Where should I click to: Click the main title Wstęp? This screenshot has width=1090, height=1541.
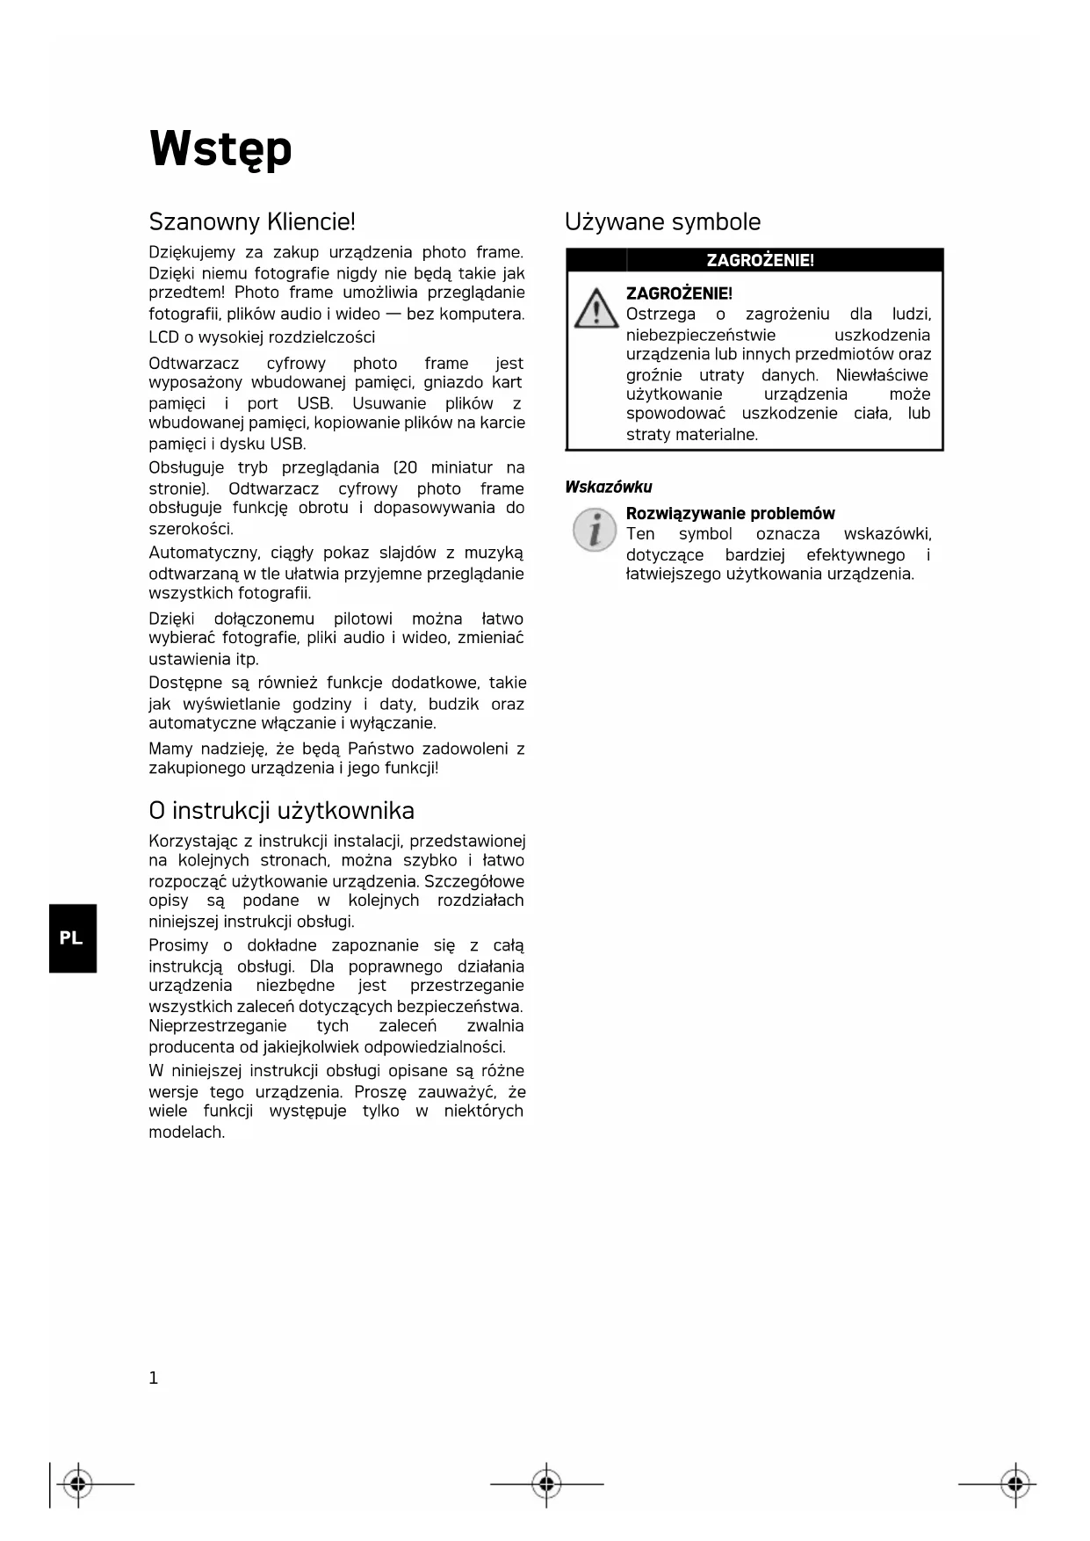(220, 149)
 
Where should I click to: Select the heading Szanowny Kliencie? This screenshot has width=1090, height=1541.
(252, 221)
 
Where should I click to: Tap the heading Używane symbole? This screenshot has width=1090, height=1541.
(662, 221)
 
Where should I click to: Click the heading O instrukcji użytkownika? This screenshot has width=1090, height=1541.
(281, 810)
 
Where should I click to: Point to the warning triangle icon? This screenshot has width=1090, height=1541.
(596, 308)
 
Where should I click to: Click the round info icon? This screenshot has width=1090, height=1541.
(595, 531)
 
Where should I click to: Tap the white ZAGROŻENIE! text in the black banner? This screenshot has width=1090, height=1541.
(760, 260)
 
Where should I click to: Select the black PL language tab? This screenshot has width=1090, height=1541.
(72, 937)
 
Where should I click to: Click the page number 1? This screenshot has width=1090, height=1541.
(154, 1378)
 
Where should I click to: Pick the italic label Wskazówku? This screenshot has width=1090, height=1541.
(609, 487)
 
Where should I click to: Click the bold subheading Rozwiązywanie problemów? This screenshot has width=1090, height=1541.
(730, 513)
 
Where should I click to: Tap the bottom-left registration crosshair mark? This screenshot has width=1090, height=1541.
(78, 1485)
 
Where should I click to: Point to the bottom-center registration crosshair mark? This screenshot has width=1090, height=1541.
(546, 1485)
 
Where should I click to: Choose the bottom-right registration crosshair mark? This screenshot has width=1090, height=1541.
(1014, 1485)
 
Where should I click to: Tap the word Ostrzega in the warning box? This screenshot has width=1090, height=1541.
(660, 314)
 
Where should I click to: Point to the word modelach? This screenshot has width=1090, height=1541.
(186, 1132)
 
